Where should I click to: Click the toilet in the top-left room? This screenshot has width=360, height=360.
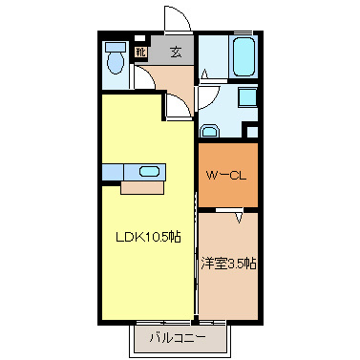pos(116,64)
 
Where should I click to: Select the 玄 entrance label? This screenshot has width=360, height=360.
pos(177,53)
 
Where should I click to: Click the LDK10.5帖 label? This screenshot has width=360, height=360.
pos(149,236)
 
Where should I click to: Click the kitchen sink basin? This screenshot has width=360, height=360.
pos(150,172)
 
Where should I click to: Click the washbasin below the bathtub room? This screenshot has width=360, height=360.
pos(211,131)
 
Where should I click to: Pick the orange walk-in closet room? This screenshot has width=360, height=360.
pos(227,175)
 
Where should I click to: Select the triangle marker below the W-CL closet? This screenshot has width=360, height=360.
pos(241,218)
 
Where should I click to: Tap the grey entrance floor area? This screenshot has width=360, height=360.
pos(177,53)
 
